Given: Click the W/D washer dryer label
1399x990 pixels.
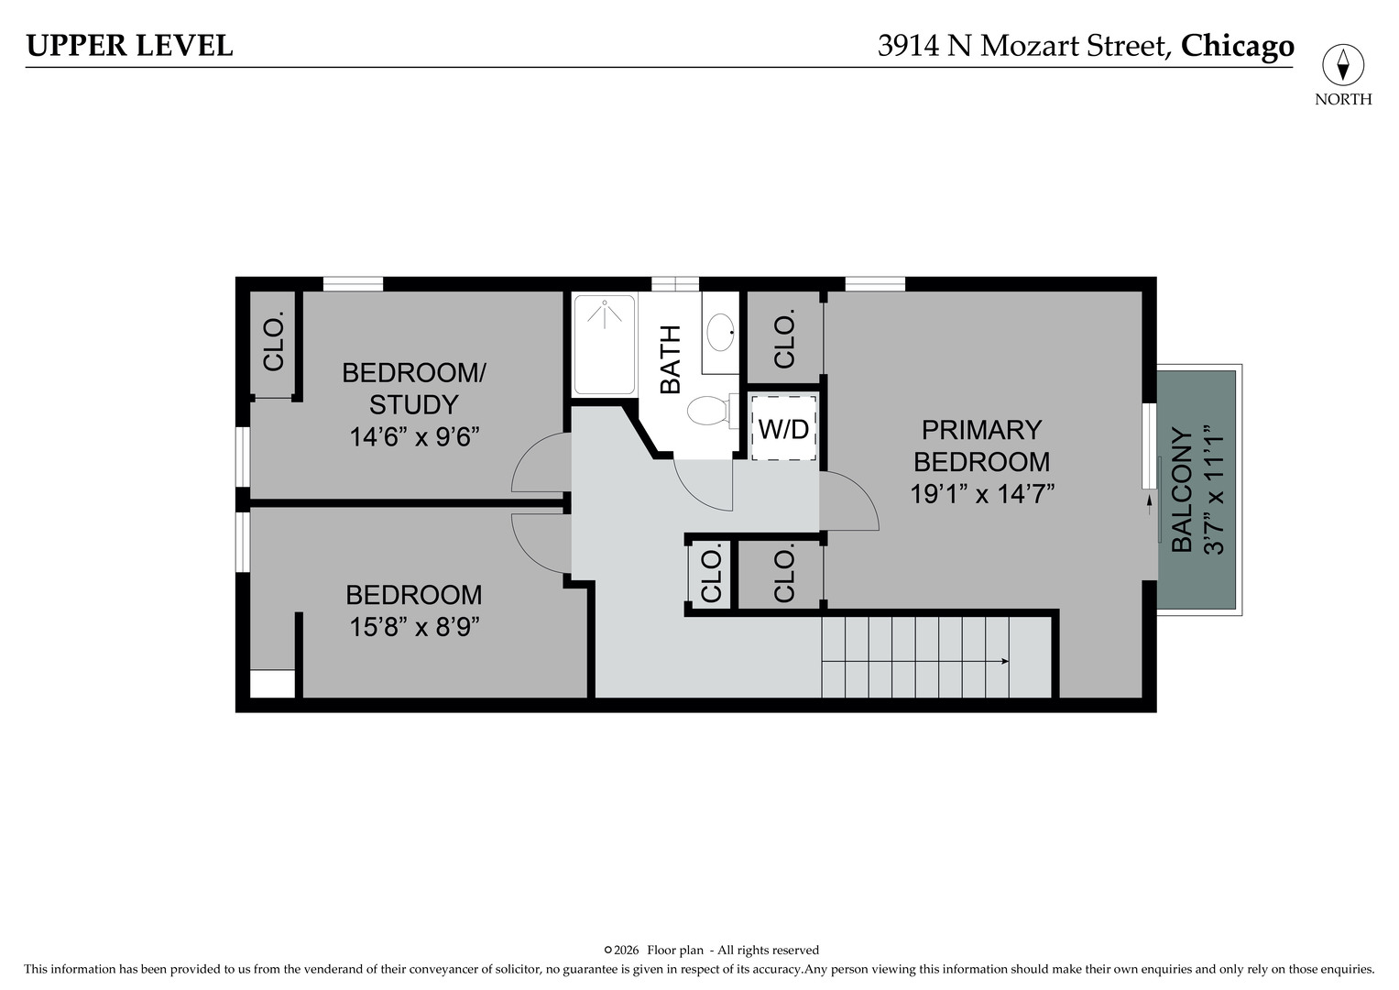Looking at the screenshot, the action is [x=784, y=429].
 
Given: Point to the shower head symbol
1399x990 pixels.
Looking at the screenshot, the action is [x=605, y=313].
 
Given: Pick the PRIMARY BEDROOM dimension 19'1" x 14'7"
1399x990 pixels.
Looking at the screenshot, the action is [x=982, y=494].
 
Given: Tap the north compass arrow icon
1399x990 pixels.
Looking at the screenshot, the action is [x=1343, y=65].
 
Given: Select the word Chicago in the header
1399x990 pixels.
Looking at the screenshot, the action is [x=1237, y=46].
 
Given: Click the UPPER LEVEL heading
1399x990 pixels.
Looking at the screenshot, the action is [x=129, y=46].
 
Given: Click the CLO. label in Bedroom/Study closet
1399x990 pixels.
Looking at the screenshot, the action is [x=274, y=341].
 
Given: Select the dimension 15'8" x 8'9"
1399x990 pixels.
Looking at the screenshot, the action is [x=413, y=626].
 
